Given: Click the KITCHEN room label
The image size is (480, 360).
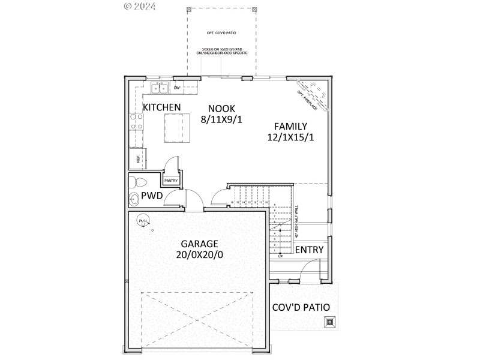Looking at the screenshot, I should coord(161,107).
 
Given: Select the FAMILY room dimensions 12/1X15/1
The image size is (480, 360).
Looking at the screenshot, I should coord(290,137).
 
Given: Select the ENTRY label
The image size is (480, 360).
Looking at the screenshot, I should coord(309,250).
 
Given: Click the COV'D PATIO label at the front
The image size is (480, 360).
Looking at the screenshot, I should coord(301,307).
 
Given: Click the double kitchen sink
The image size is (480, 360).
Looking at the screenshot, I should coord(160,88).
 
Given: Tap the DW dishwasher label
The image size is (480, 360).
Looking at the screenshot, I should coord(177,88).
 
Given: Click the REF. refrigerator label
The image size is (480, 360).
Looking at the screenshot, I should coord(138,159).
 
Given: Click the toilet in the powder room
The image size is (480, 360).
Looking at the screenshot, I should coord(137,181).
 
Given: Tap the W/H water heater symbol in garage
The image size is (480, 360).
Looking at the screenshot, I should coord(143,222).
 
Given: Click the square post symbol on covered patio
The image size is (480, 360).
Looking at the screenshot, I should coord(329,322).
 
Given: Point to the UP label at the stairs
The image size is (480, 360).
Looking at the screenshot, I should coord(280,256).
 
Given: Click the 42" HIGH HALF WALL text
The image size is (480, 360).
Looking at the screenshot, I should coord(296,223).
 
